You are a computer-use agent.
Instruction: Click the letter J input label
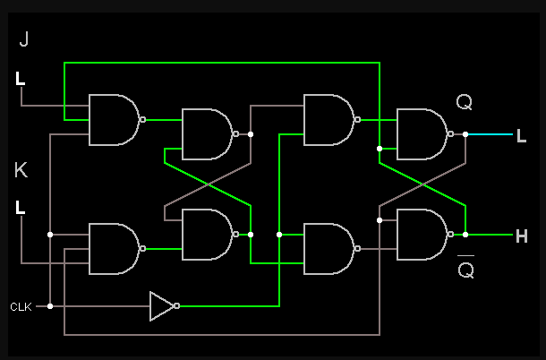click(23, 39)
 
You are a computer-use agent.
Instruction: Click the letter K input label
click(21, 169)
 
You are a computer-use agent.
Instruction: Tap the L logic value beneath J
click(21, 79)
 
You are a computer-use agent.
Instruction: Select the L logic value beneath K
click(21, 208)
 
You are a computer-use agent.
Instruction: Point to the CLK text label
click(21, 306)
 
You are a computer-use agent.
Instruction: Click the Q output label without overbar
click(464, 102)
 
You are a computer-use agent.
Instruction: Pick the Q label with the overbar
click(465, 268)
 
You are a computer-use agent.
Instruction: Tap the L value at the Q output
click(521, 135)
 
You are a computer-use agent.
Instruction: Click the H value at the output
click(521, 236)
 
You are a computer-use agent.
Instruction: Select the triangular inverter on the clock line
click(161, 306)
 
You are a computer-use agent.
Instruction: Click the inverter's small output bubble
click(177, 306)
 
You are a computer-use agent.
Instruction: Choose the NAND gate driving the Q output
click(421, 133)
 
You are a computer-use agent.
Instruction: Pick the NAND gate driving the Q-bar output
click(421, 235)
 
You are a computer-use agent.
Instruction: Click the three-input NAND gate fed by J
click(113, 119)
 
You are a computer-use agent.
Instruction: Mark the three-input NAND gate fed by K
click(113, 249)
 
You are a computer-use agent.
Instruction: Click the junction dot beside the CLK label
click(50, 306)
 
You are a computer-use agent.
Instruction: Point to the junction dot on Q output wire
click(465, 134)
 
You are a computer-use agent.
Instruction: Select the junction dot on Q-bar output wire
click(465, 235)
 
